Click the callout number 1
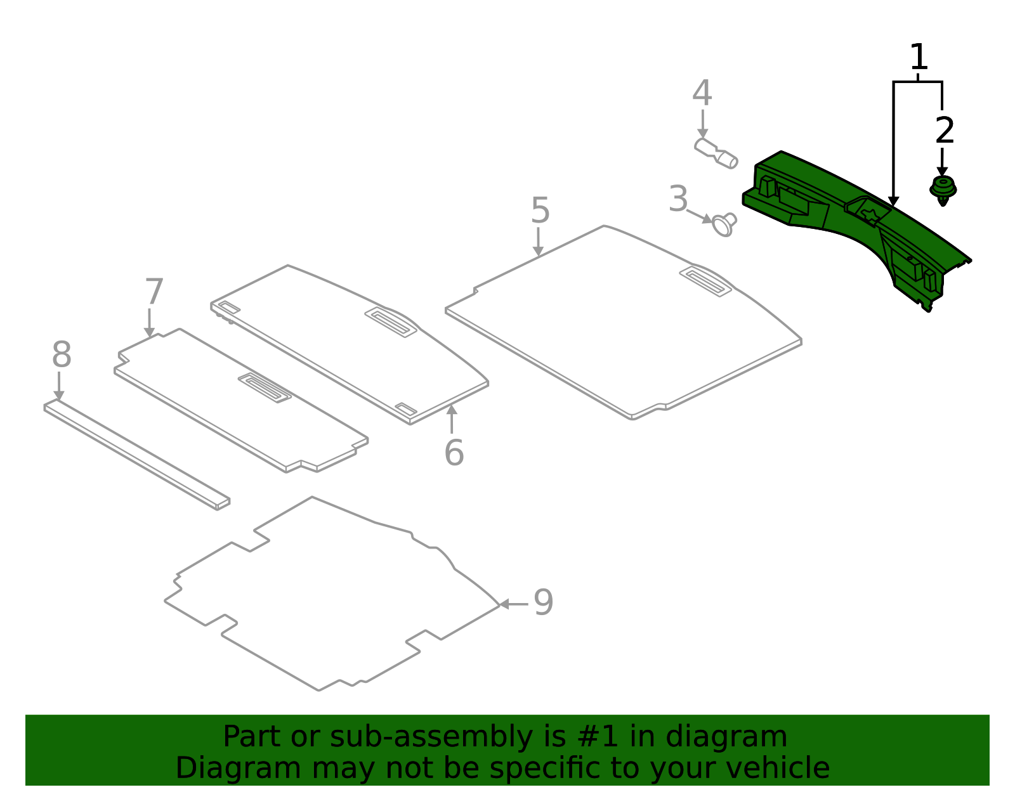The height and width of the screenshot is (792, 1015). [919, 58]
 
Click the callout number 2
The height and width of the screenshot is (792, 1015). [945, 131]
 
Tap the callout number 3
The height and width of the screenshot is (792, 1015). [678, 200]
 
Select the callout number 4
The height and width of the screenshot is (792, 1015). [702, 94]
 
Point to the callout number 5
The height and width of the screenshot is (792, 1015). [540, 211]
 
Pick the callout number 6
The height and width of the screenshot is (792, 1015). [454, 453]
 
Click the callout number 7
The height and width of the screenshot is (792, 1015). [154, 292]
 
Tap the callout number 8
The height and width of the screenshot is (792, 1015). [62, 355]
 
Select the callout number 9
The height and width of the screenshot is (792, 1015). [543, 602]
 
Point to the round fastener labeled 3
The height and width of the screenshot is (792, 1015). [724, 224]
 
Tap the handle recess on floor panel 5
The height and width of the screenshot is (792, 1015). [705, 282]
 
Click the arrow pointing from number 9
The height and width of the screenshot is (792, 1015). [513, 604]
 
